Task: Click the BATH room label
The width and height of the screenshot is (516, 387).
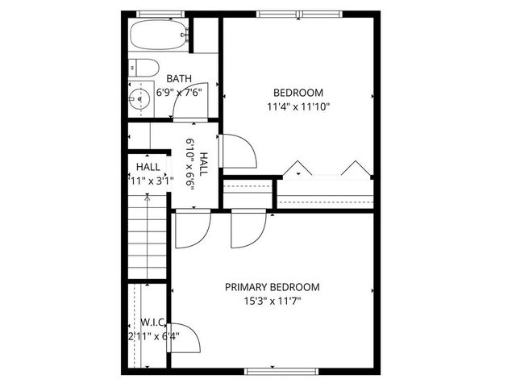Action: tap(178, 78)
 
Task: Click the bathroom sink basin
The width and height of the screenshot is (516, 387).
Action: tap(139, 99)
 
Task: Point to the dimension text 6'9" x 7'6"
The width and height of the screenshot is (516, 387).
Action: tap(177, 92)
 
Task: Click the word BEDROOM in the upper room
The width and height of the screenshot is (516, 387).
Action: tap(298, 92)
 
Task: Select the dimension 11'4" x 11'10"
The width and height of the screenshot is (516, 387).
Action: tap(298, 106)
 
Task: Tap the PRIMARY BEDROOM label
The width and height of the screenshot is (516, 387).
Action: tap(272, 287)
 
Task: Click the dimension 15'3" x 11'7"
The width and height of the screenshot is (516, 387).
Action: tap(272, 301)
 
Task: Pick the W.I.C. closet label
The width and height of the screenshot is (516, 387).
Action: tap(152, 322)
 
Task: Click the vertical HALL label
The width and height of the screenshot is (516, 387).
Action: tap(204, 166)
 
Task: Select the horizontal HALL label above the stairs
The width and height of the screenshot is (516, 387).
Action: tap(148, 167)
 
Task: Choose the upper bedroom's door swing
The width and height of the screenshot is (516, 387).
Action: tap(239, 152)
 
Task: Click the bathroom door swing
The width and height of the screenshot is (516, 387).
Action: tap(193, 101)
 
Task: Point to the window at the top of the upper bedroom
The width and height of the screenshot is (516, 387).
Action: tap(298, 14)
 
